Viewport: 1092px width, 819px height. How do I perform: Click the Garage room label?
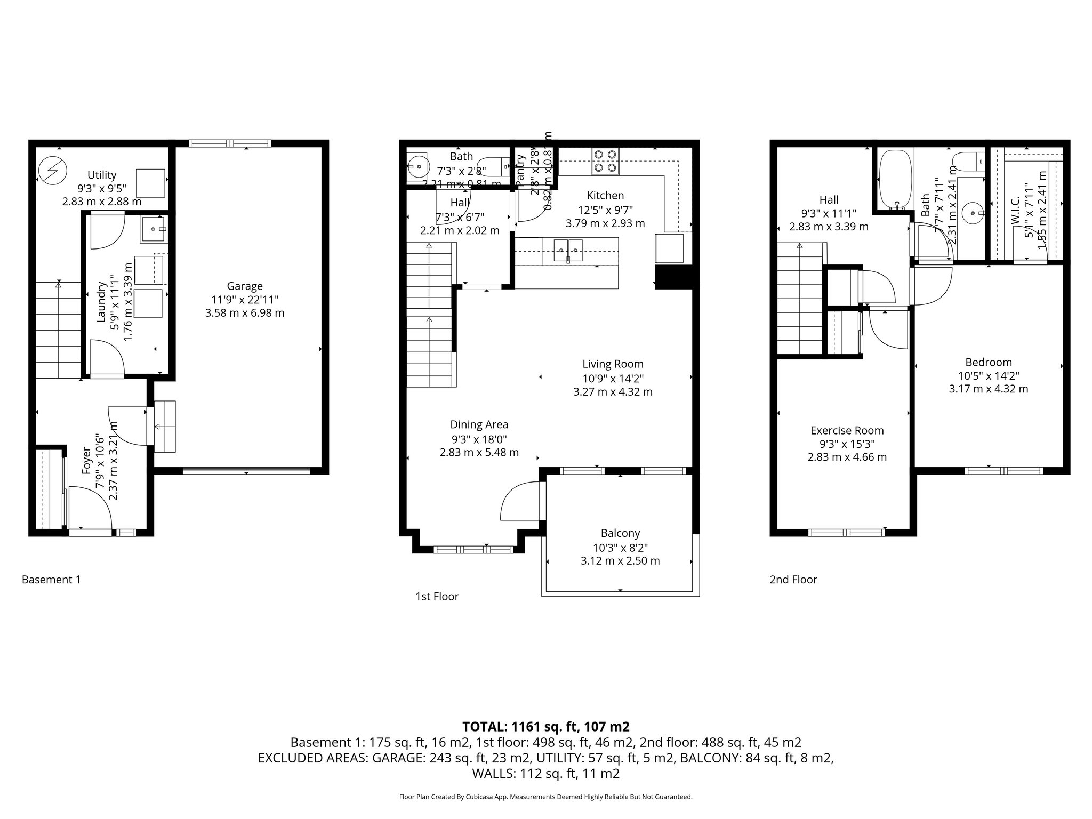tap(244, 286)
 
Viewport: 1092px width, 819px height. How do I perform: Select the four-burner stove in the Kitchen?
tap(605, 161)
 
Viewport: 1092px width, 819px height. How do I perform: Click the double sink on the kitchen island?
tap(568, 251)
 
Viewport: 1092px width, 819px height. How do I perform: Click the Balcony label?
tap(620, 533)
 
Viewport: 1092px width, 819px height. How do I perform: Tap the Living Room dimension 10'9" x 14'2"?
tap(612, 379)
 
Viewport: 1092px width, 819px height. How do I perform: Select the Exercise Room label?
tap(847, 430)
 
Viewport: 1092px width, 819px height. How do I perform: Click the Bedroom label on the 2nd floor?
tap(988, 362)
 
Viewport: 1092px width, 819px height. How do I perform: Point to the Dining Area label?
tap(479, 424)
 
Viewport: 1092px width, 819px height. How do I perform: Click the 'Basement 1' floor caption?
tap(51, 580)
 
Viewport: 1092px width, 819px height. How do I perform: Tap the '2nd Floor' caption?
tap(793, 580)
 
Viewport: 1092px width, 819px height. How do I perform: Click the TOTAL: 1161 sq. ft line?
tap(545, 726)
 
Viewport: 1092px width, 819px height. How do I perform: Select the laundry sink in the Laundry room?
tap(155, 229)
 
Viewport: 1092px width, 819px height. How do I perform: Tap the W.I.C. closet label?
tap(1015, 211)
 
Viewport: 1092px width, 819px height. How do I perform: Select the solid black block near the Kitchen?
tap(673, 277)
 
